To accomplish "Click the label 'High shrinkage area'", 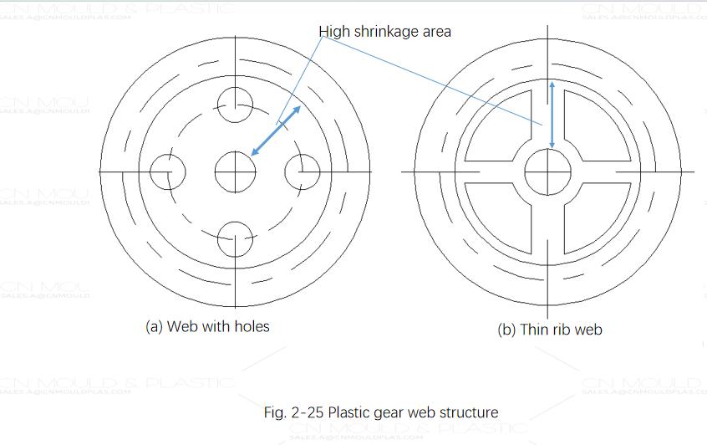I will [385, 32].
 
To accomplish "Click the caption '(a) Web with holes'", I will [208, 326].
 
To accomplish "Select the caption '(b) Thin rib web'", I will [550, 329].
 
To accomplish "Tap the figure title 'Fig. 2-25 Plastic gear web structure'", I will [381, 412].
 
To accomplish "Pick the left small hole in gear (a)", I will [167, 172].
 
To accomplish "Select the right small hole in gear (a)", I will [303, 172].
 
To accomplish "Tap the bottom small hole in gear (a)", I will [235, 240].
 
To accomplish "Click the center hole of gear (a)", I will [235, 172].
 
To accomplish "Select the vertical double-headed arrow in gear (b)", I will [551, 115].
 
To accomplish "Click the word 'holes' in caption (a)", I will [251, 326].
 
